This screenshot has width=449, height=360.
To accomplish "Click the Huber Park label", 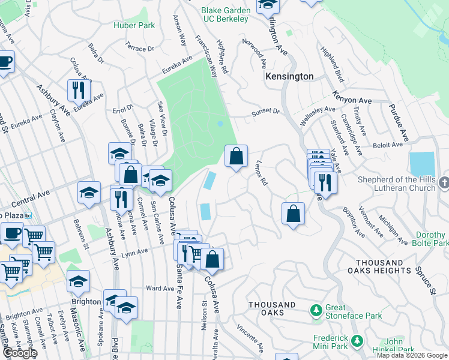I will click(x=134, y=25).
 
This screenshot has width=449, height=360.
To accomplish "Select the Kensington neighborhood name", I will click(x=289, y=77).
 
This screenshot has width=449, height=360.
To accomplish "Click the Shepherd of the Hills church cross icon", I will click(x=444, y=181).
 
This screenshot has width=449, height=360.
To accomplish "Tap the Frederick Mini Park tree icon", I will click(x=358, y=341).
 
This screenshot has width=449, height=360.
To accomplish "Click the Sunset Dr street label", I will click(x=265, y=112).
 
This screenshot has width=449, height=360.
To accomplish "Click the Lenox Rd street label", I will click(x=260, y=172).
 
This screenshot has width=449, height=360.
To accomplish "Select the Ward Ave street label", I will click(x=160, y=289).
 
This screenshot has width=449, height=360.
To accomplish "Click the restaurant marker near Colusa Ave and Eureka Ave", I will click(x=79, y=90).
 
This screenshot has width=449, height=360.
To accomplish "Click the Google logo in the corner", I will click(x=19, y=353).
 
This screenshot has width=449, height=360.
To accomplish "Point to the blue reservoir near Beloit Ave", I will click(x=421, y=164).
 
